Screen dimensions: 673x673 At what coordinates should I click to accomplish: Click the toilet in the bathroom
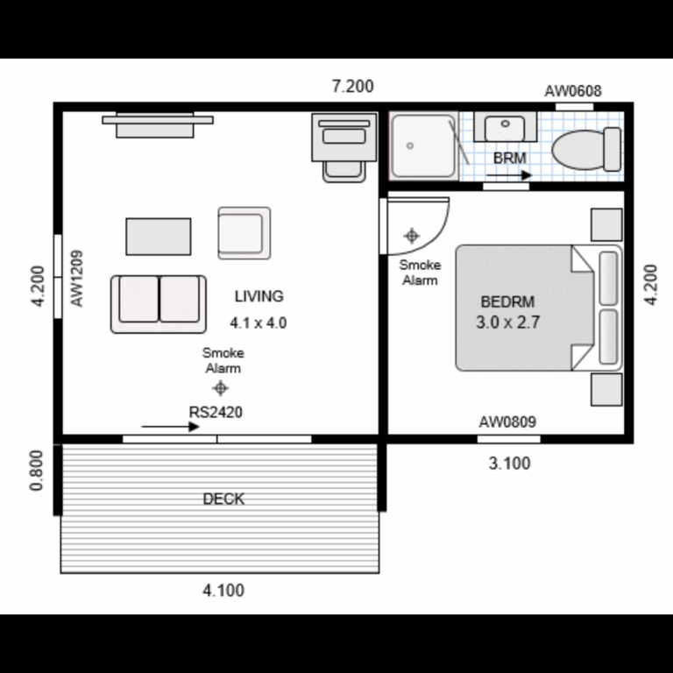[585, 149]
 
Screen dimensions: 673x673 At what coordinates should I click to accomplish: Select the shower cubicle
[424, 145]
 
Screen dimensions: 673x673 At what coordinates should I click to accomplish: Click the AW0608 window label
[573, 90]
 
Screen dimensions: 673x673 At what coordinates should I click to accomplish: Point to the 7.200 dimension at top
[352, 86]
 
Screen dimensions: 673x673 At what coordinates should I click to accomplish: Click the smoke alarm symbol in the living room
[221, 388]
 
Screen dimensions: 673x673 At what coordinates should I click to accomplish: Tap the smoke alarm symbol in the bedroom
[412, 236]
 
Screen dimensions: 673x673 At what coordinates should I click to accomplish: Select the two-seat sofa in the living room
[159, 303]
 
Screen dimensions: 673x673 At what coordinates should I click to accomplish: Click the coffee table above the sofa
[159, 237]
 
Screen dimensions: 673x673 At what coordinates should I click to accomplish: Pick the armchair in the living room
[244, 233]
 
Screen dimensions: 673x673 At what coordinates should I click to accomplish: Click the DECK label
[223, 499]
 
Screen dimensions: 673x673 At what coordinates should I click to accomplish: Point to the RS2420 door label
[216, 411]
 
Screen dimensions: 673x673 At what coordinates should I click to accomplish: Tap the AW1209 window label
[77, 279]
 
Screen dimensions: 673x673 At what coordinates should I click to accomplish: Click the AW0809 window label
[507, 422]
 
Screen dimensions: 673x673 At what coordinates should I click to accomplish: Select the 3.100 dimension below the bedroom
[509, 464]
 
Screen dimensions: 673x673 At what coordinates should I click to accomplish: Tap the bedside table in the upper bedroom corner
[606, 224]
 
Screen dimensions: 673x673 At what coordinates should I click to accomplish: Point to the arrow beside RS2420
[171, 427]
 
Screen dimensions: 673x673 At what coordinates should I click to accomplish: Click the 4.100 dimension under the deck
[223, 591]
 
